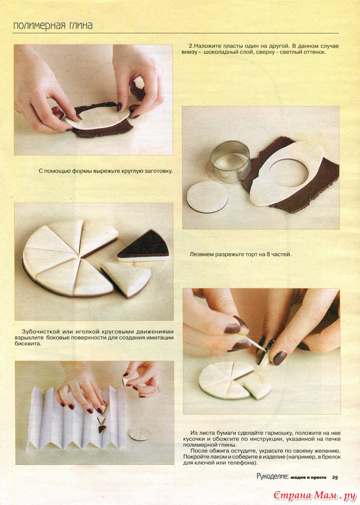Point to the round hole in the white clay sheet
click(x=289, y=172)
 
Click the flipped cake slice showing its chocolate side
click(x=143, y=247)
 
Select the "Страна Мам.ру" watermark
click(x=315, y=494)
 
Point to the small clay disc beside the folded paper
click(x=140, y=434)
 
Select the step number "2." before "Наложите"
click(x=191, y=46)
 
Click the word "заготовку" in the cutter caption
click(x=159, y=171)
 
